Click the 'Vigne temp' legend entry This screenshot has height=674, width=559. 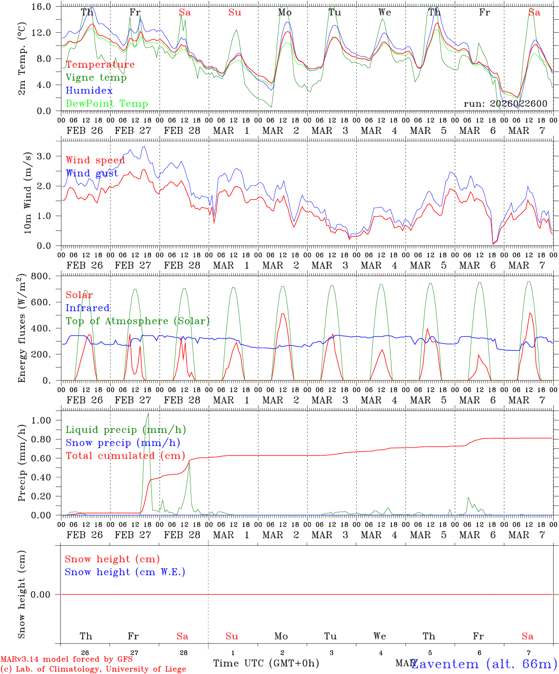pyautogui.click(x=96, y=78)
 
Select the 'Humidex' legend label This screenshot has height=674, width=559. pyautogui.click(x=89, y=91)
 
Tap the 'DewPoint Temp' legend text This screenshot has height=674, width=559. pyautogui.click(x=107, y=104)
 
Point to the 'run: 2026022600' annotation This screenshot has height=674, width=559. pyautogui.click(x=505, y=104)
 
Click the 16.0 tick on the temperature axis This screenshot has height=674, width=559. pyautogui.click(x=47, y=7)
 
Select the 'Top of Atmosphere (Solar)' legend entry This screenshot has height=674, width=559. pyautogui.click(x=138, y=321)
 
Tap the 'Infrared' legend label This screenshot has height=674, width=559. pyautogui.click(x=88, y=308)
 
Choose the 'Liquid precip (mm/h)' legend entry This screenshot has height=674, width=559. pyautogui.click(x=126, y=430)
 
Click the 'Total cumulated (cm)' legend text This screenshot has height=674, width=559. pyautogui.click(x=125, y=456)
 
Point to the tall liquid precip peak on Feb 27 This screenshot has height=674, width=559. pyautogui.click(x=148, y=414)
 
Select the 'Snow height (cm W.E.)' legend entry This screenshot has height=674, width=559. pyautogui.click(x=125, y=572)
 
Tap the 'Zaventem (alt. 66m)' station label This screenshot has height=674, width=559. pyautogui.click(x=485, y=664)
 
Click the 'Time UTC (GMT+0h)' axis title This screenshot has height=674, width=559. pyautogui.click(x=266, y=663)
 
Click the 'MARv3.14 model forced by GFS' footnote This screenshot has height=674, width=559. pyautogui.click(x=66, y=659)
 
